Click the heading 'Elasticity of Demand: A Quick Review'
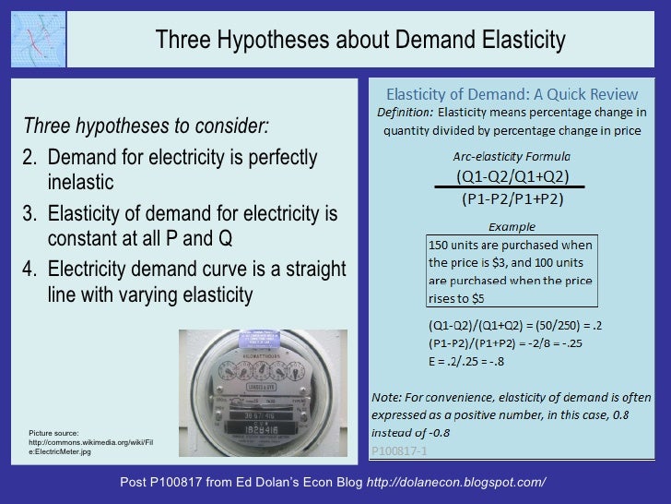(512, 94)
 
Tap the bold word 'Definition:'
(403, 112)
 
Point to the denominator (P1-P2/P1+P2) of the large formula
(512, 198)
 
